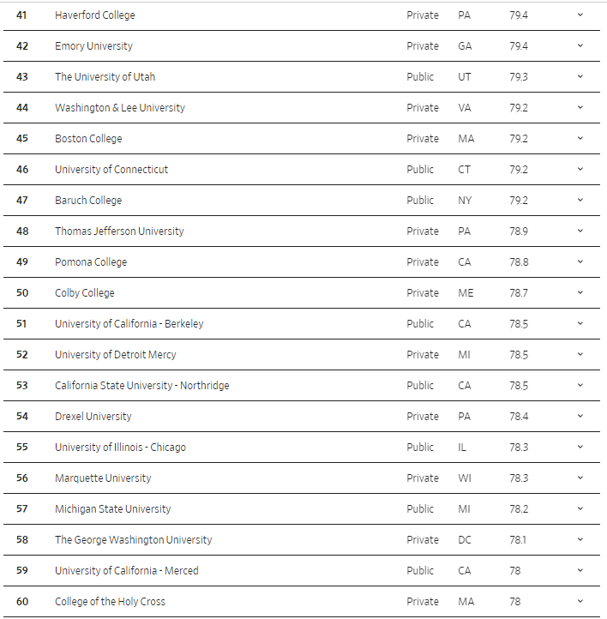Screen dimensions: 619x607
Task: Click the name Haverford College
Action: (94, 15)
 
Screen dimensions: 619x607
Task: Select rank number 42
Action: (22, 46)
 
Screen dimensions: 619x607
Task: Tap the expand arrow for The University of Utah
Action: (580, 77)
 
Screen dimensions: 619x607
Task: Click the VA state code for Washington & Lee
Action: (464, 108)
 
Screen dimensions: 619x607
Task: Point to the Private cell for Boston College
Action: (422, 139)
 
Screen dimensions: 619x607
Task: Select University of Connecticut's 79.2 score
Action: (519, 170)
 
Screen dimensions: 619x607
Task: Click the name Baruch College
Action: (88, 201)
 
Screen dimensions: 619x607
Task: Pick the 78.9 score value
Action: (519, 231)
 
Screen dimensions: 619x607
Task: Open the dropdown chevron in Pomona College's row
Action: (580, 262)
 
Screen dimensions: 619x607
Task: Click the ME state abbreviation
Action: (466, 293)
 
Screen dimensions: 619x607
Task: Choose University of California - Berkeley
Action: (129, 324)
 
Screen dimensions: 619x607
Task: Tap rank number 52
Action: (22, 355)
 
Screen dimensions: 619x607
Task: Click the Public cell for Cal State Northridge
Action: (420, 386)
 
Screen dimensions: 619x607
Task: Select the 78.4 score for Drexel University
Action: (519, 417)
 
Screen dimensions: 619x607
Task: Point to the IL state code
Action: (463, 448)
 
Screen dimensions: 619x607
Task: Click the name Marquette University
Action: (103, 478)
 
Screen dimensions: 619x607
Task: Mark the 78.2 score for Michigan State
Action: (519, 509)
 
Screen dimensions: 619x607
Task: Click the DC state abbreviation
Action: (465, 540)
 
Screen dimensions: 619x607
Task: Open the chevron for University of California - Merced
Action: (580, 571)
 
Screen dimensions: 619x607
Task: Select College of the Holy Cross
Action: (110, 602)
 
